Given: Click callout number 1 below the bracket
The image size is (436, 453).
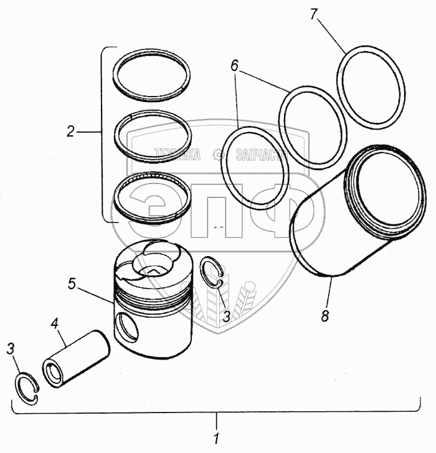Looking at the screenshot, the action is [x=216, y=438].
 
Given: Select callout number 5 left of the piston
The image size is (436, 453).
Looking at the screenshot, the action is [x=72, y=284].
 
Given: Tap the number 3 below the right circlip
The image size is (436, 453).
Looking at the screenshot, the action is [x=227, y=316].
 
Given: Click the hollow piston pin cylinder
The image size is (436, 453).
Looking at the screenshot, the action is [x=75, y=358].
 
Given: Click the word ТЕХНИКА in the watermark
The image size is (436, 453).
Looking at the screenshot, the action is [x=178, y=155].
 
